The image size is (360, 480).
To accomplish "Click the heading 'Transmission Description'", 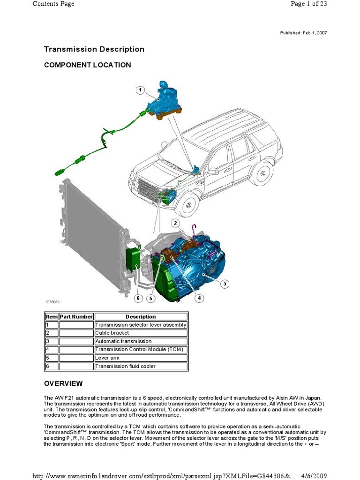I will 94,49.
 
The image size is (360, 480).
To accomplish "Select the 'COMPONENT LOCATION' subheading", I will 87,65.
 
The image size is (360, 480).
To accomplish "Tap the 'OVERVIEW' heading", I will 63,383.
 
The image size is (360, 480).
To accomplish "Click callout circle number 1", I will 140,90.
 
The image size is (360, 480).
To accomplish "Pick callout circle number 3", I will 225,284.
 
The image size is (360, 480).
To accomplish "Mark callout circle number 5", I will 150,298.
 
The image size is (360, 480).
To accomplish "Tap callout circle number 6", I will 138,298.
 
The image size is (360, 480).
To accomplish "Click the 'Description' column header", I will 141,316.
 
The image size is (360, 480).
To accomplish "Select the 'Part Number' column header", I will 76,316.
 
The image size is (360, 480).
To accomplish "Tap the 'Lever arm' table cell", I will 107,358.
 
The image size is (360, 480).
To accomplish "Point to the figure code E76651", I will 53,302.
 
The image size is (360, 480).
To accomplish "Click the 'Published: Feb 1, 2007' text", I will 303,33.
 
